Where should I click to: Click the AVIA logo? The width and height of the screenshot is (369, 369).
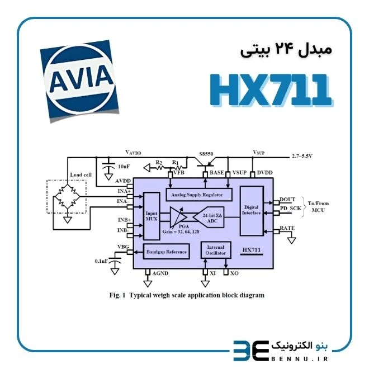(79, 81)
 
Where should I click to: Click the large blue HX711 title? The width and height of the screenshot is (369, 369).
(271, 90)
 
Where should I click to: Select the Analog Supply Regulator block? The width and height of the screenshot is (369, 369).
(199, 195)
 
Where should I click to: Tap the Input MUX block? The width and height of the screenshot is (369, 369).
(152, 216)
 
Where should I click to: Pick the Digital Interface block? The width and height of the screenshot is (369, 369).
(252, 211)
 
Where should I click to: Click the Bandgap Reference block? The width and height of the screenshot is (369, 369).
(167, 252)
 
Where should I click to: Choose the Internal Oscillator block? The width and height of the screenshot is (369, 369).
(216, 250)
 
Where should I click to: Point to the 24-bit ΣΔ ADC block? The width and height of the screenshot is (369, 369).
(209, 217)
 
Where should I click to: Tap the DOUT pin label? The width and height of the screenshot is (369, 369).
(287, 200)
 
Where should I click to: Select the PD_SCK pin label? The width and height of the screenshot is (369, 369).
(290, 209)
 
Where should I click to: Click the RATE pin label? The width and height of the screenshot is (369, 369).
(287, 228)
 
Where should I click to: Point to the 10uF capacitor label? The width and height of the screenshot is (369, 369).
(124, 167)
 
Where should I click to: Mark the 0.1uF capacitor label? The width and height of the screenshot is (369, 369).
(101, 261)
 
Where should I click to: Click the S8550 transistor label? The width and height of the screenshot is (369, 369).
(206, 154)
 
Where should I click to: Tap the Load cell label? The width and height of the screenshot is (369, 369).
(81, 174)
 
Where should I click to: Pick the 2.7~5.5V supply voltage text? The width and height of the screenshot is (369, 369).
(302, 156)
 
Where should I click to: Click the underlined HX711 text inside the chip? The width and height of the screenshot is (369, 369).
(252, 250)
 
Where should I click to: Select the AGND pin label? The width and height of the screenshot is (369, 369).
(160, 273)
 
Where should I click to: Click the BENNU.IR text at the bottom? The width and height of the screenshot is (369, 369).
(300, 359)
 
